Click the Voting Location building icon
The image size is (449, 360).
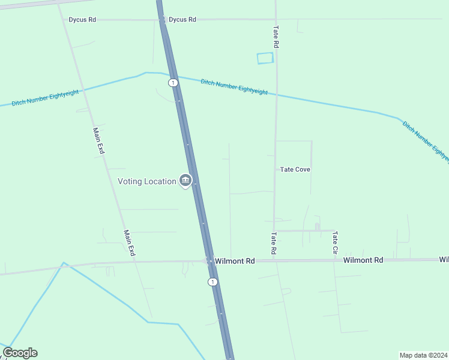click(x=185, y=181)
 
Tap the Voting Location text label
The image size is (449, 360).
click(x=146, y=181)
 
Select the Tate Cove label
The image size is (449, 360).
click(x=295, y=170)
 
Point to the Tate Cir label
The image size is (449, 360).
click(x=335, y=244)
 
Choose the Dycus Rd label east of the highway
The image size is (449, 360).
click(x=182, y=20)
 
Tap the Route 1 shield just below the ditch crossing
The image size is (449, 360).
click(x=173, y=82)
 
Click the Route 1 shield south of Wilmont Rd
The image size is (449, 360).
click(x=212, y=281)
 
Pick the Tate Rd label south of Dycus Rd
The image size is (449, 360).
click(x=276, y=37)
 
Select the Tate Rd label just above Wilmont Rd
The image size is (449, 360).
click(x=273, y=244)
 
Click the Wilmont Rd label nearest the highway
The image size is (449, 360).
click(x=235, y=261)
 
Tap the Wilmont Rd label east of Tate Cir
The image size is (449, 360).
click(x=363, y=260)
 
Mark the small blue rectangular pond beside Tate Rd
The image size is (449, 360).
click(x=265, y=58)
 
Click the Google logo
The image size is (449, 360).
click(x=20, y=353)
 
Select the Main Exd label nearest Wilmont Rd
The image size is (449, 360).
click(x=129, y=244)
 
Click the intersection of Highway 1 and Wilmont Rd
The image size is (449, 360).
click(x=208, y=261)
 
